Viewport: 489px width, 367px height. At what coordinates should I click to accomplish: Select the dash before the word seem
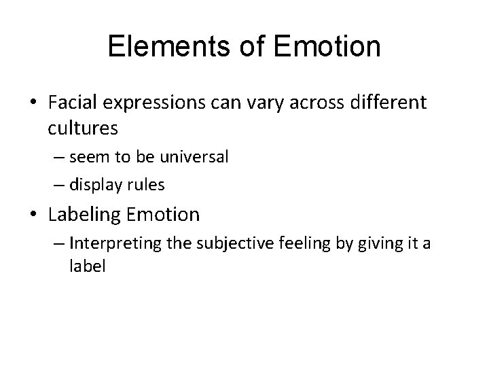tap(57, 158)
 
